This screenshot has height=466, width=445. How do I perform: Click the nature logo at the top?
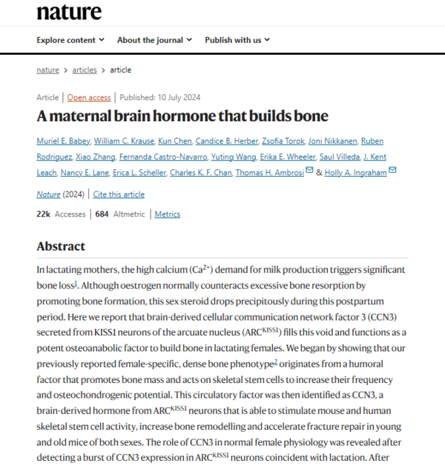pyautogui.click(x=69, y=12)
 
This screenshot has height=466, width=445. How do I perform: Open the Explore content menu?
pyautogui.click(x=70, y=40)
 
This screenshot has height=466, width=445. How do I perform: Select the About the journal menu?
pyautogui.click(x=154, y=40)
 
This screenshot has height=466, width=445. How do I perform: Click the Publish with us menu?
pyautogui.click(x=237, y=40)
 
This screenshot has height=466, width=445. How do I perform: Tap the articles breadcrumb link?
pyautogui.click(x=85, y=70)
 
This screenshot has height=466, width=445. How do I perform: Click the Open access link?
pyautogui.click(x=89, y=98)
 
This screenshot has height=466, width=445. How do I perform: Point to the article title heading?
pyautogui.click(x=182, y=116)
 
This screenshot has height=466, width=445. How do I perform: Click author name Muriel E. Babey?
pyautogui.click(x=66, y=141)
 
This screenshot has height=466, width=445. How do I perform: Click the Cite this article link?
pyautogui.click(x=119, y=194)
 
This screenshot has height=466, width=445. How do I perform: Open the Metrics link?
pyautogui.click(x=167, y=214)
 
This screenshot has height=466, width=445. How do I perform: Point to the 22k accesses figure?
pyautogui.click(x=44, y=214)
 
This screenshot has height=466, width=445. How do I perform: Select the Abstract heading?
pyautogui.click(x=61, y=246)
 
